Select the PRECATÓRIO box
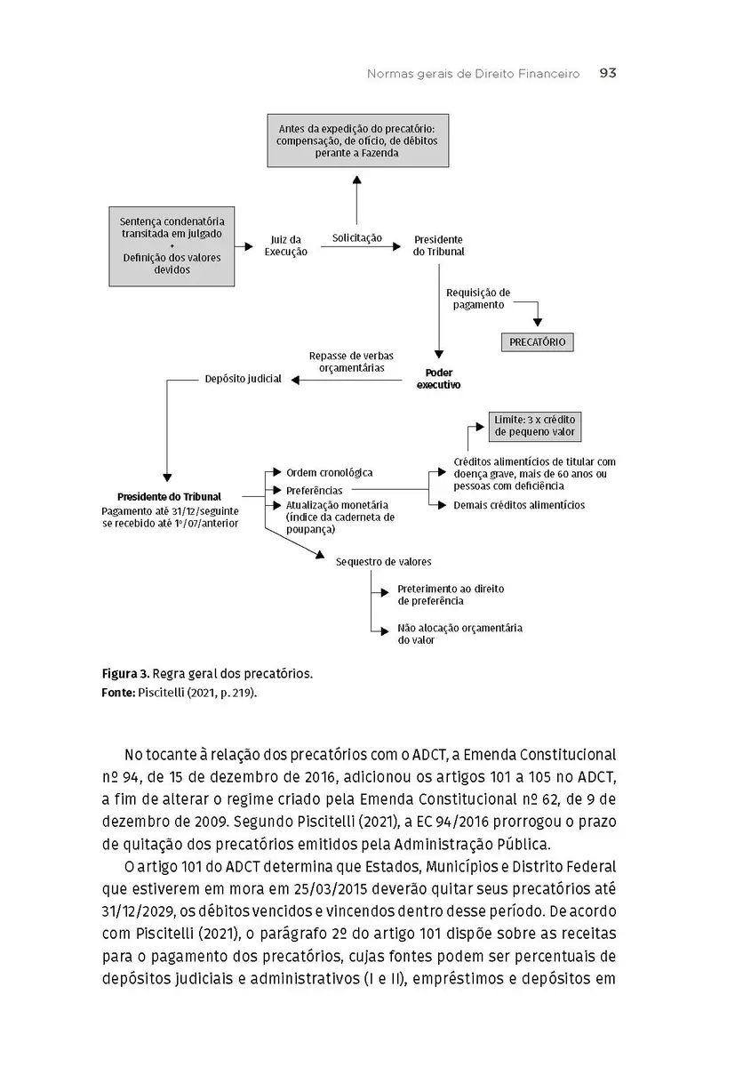pyautogui.click(x=537, y=341)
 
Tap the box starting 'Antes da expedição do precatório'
pyautogui.click(x=356, y=140)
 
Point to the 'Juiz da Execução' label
pyautogui.click(x=286, y=245)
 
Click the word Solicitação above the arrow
pyautogui.click(x=357, y=237)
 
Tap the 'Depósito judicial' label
pyautogui.click(x=243, y=379)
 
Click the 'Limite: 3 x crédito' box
pyautogui.click(x=535, y=426)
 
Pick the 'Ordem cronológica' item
pyautogui.click(x=329, y=473)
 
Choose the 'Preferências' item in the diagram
pyautogui.click(x=314, y=490)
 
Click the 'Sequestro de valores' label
pyautogui.click(x=384, y=562)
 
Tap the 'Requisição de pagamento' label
pyautogui.click(x=478, y=298)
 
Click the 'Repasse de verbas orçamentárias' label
pyautogui.click(x=347, y=362)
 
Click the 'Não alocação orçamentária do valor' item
pyautogui.click(x=459, y=633)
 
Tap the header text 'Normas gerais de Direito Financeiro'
pyautogui.click(x=473, y=74)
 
